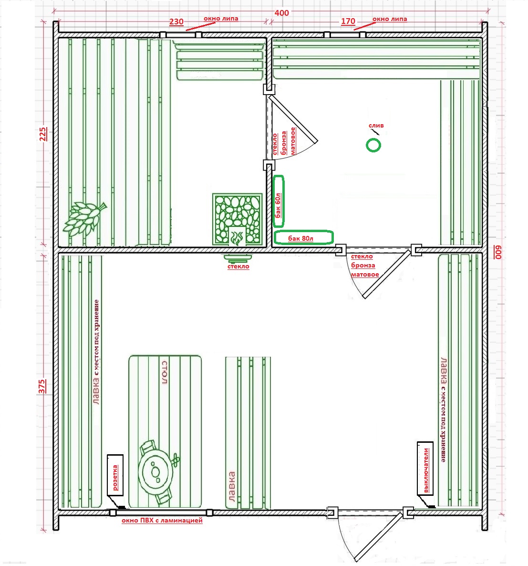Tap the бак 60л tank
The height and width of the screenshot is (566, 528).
[279, 201]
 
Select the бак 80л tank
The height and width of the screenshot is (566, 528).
[303, 238]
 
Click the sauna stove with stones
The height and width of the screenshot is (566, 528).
[237, 219]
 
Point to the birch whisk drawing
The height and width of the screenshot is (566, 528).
[84, 218]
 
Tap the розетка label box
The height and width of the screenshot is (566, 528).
[115, 475]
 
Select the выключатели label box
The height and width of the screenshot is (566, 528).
[425, 468]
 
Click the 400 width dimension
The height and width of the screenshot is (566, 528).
[281, 13]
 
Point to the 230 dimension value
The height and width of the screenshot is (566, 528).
[176, 21]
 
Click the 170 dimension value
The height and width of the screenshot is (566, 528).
[348, 21]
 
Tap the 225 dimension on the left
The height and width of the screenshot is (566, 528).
[42, 134]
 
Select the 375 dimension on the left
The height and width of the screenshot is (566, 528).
[42, 386]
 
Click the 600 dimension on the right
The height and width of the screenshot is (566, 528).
[498, 252]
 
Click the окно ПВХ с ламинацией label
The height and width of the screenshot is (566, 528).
[162, 521]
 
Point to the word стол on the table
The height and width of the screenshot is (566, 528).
[165, 373]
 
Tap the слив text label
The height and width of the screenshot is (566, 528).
[376, 126]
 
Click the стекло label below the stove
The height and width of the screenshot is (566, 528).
[238, 267]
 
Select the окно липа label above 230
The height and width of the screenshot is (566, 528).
[221, 19]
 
